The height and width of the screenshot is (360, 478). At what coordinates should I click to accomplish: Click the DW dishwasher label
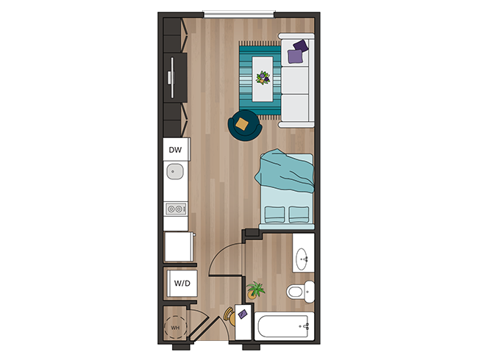pyautogui.click(x=175, y=150)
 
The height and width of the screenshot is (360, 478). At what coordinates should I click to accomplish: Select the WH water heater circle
pyautogui.click(x=175, y=324)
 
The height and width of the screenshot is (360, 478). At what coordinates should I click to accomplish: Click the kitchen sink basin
pyautogui.click(x=175, y=173)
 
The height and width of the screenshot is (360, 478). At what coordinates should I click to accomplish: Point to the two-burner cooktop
pyautogui.click(x=175, y=209)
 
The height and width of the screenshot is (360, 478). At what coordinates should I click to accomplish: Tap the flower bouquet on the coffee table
pyautogui.click(x=262, y=76)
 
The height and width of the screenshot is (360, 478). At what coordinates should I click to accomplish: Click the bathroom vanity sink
pyautogui.click(x=303, y=259)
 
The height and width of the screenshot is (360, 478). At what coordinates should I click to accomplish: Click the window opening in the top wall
pyautogui.click(x=239, y=12)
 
